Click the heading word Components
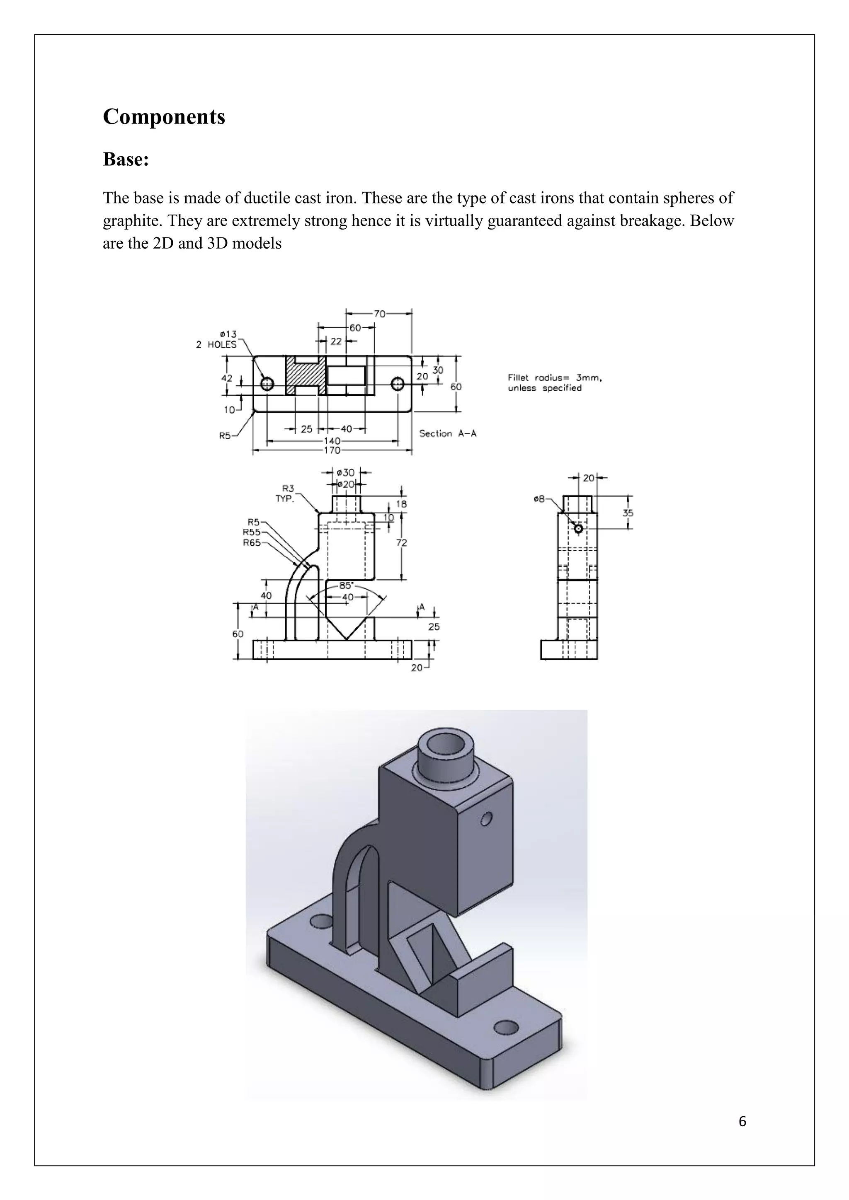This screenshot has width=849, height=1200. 164,116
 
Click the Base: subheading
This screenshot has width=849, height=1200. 126,159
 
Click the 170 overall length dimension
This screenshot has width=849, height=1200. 332,450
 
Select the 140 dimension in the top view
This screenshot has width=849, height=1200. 332,440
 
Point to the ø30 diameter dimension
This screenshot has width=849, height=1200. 346,472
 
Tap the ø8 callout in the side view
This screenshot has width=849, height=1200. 539,499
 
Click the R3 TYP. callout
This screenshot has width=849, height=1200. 286,494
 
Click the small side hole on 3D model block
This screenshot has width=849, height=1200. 486,818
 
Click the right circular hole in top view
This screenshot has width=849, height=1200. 397,384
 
